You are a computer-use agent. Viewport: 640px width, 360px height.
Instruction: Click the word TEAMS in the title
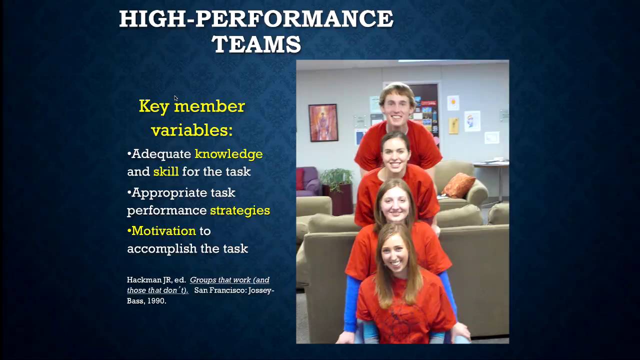[x=256, y=44]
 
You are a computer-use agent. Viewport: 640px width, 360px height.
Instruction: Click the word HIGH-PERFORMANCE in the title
[x=256, y=19]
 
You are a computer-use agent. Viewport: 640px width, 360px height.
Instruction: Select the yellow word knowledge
[x=228, y=154]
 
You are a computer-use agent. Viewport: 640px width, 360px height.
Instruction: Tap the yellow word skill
[x=165, y=171]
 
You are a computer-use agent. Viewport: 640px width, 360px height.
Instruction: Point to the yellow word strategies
[x=239, y=210]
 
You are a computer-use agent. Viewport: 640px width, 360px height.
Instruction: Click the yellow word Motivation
[x=163, y=230]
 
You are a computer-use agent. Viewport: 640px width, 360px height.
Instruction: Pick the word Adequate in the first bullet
[x=161, y=154]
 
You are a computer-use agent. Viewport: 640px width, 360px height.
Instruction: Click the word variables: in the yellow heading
[x=191, y=130]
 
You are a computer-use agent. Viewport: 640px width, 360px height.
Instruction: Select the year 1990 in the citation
[x=156, y=301]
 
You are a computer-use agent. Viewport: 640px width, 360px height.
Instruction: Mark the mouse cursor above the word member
[x=176, y=98]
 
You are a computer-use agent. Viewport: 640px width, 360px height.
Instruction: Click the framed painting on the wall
[x=323, y=122]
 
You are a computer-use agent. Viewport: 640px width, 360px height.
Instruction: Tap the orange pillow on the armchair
[x=458, y=185]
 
